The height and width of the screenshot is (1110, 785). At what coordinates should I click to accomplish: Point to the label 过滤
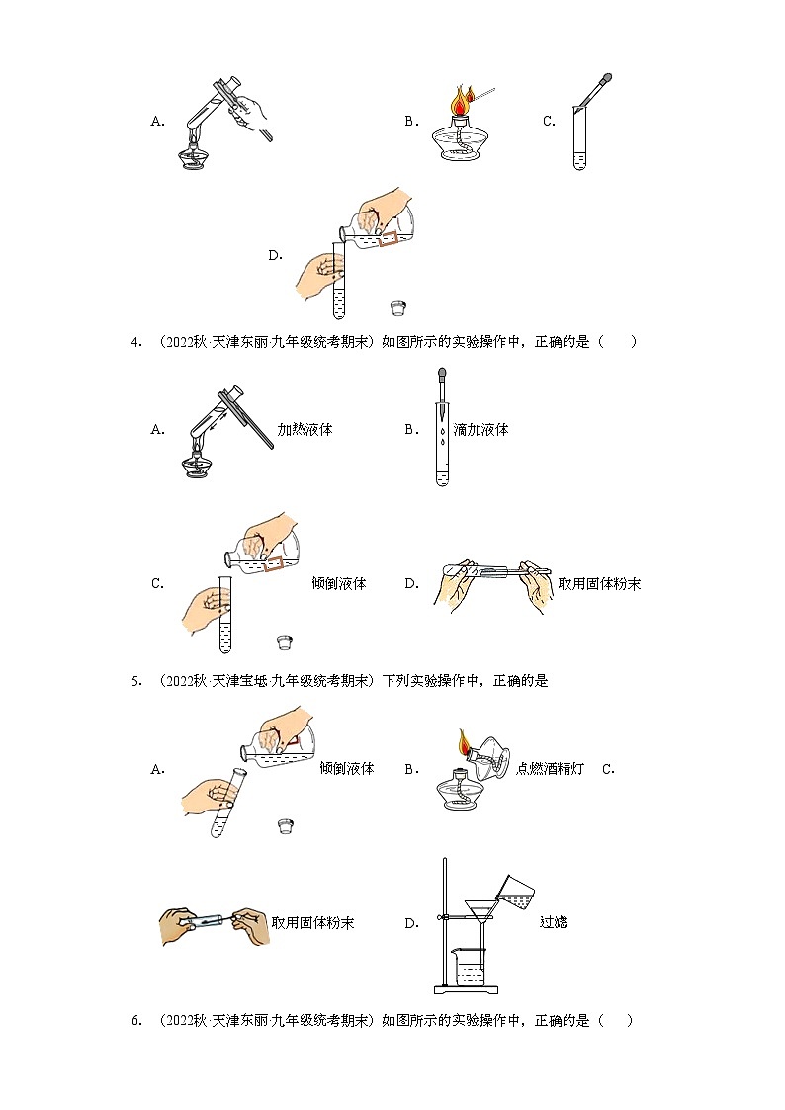pos(553,922)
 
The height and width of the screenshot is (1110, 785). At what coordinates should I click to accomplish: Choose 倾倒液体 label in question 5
pos(346,768)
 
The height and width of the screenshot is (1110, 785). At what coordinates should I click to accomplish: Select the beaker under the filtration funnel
pos(471,963)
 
